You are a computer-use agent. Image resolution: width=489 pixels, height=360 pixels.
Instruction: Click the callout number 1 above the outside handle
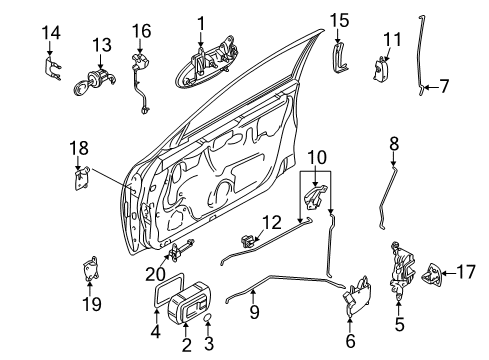point(200,22)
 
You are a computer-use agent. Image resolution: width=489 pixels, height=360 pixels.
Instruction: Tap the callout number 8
point(394,143)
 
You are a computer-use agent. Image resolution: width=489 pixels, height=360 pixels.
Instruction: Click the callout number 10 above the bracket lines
point(316,157)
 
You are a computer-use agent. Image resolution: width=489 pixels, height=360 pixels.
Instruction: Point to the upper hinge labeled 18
point(80,178)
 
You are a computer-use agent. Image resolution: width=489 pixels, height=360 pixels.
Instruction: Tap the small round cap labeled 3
point(207,317)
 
